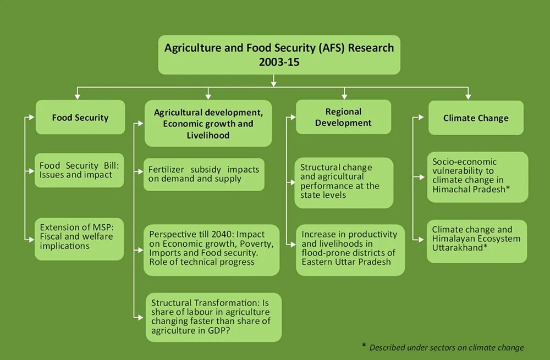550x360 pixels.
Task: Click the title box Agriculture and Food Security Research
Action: tap(279, 54)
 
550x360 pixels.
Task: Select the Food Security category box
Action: tap(80, 117)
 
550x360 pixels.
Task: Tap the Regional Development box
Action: tap(344, 117)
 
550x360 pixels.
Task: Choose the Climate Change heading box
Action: tap(476, 118)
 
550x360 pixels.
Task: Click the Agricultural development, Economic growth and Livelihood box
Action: tap(208, 123)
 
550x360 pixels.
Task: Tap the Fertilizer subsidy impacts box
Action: tap(204, 174)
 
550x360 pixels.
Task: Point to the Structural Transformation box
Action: tap(214, 317)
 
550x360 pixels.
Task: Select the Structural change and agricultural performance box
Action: tap(344, 181)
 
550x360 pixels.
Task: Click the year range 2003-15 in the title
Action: tap(279, 62)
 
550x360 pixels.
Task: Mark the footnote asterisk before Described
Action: tap(364, 346)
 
